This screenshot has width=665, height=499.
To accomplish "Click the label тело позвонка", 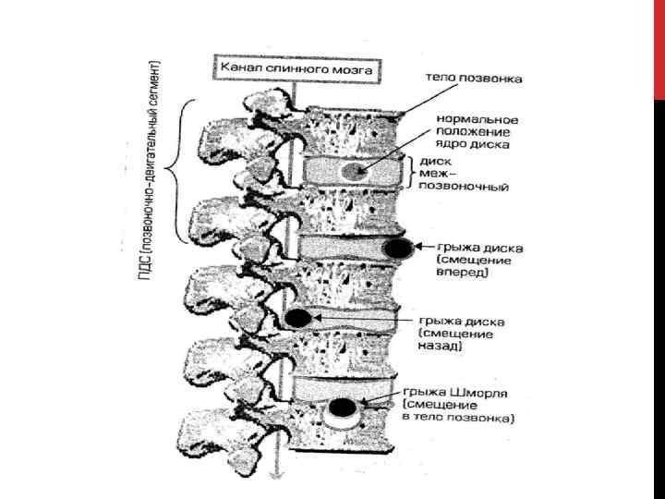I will click(474, 79).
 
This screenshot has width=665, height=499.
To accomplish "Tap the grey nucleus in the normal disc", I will click(353, 172).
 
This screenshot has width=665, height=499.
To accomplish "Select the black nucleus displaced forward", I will click(398, 248).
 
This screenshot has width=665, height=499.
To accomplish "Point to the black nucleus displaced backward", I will click(297, 319).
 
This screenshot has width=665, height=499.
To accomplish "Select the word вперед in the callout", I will click(462, 273).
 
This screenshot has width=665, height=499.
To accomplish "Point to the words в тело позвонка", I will click(460, 418).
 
